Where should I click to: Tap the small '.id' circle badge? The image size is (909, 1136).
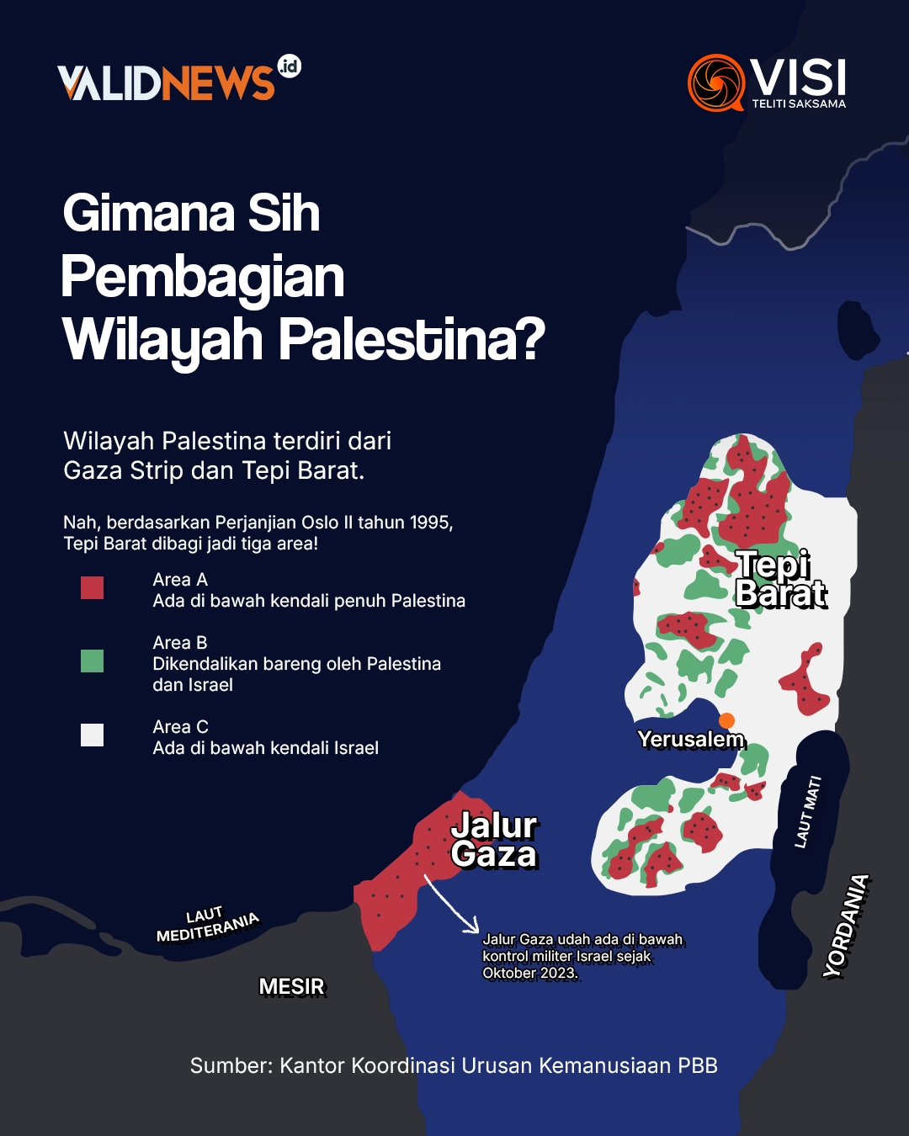point(289,66)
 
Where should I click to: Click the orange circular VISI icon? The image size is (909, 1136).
point(716,82)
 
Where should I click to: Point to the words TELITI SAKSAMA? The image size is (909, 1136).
point(798,104)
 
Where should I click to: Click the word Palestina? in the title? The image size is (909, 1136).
point(412,339)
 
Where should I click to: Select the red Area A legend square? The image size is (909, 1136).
point(92,587)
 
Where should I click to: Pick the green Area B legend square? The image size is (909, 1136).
point(92,661)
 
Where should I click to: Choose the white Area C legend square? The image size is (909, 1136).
point(92,735)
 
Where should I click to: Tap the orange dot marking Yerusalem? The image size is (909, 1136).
point(727,720)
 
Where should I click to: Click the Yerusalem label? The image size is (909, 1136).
point(690,740)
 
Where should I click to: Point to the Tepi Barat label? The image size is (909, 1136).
point(780,579)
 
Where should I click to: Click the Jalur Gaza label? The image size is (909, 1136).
point(494,840)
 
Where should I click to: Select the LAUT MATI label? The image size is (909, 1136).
point(807,811)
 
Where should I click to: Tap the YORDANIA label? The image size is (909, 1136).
point(846,926)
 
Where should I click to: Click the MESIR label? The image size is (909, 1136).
point(291,986)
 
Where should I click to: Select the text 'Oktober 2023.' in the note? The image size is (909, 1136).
point(529,974)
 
